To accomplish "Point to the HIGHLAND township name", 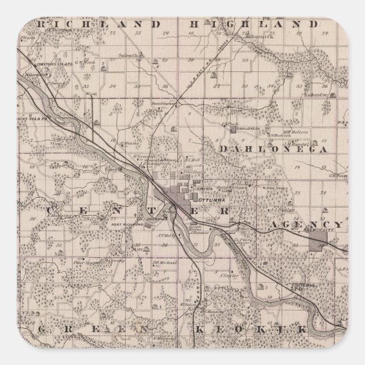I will click(x=249, y=24).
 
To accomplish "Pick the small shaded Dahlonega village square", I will click(x=232, y=129).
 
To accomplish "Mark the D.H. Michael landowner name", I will click(x=164, y=264).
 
